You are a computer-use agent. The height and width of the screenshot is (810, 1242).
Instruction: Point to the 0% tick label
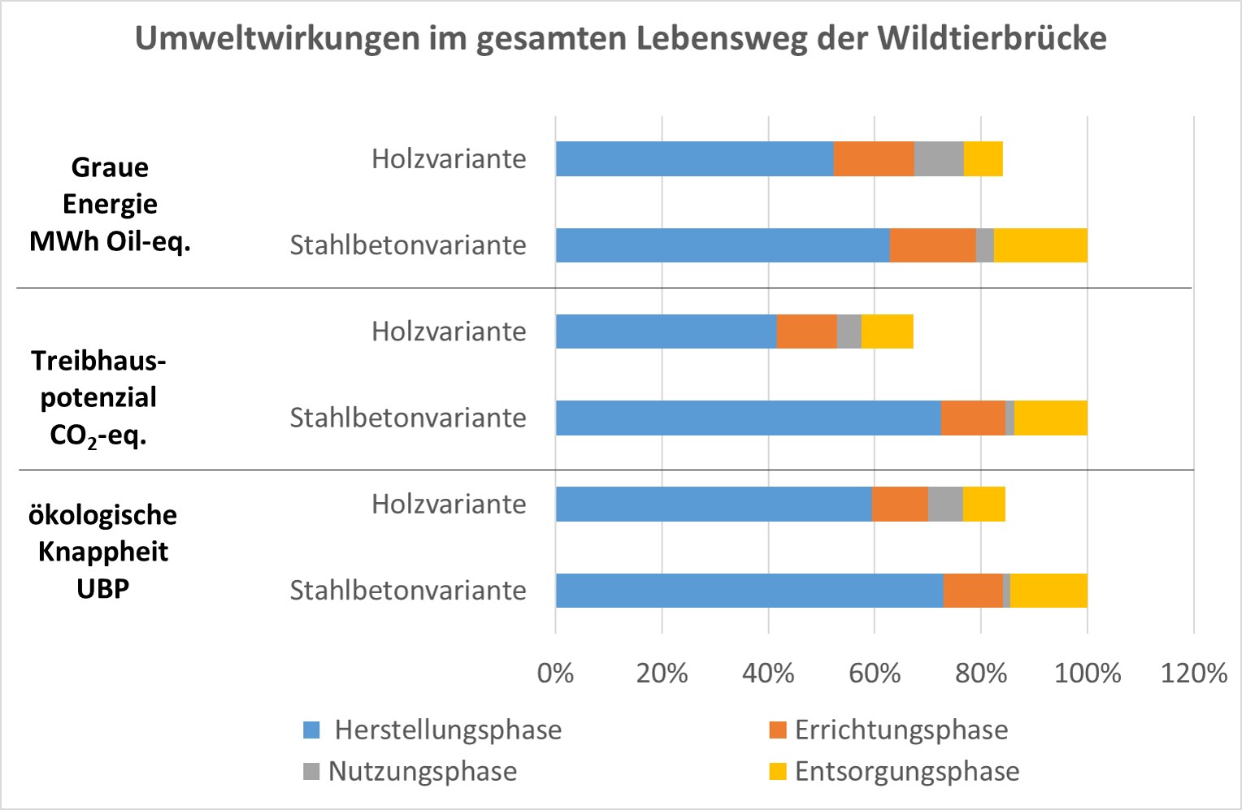click(555, 673)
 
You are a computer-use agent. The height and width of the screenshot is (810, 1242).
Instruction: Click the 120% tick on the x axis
click(1193, 673)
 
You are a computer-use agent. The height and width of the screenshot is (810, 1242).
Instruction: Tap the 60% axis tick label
click(875, 673)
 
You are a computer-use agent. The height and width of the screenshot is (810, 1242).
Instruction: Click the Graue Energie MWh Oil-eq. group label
click(110, 204)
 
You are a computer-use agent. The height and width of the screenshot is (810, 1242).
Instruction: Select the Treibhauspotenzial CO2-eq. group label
click(98, 398)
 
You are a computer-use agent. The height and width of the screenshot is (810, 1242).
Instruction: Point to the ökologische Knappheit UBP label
click(103, 552)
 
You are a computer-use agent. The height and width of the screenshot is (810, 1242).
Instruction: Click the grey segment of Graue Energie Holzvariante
click(939, 158)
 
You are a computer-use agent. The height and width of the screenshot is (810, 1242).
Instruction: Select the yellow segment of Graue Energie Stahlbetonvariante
click(1040, 245)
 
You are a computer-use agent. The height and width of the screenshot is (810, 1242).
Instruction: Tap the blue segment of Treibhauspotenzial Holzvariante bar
click(666, 331)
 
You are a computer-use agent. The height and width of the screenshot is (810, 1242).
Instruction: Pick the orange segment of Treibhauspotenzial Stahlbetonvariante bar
click(973, 418)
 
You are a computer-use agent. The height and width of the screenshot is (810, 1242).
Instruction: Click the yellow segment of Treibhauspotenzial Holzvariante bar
click(887, 331)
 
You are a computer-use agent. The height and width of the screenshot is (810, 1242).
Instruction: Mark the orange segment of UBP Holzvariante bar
click(900, 504)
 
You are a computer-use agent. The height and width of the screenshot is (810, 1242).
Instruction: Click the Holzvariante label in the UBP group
click(449, 504)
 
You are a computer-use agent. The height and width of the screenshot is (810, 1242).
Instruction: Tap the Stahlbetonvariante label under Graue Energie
click(408, 245)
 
